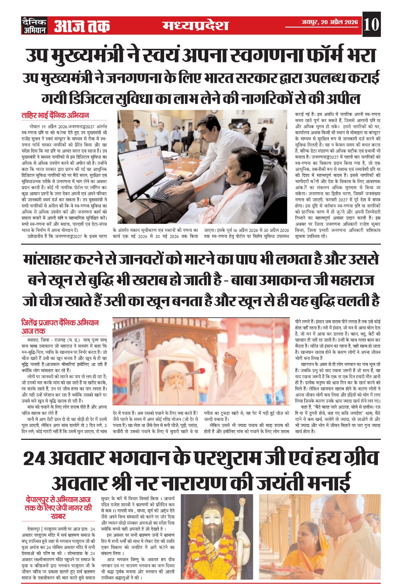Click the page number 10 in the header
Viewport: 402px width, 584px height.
pos(371,24)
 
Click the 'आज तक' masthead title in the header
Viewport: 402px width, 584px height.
pos(82,26)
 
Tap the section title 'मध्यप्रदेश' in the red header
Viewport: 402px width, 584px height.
pos(196,25)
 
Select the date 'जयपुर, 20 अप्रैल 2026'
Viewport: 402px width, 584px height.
pos(329,22)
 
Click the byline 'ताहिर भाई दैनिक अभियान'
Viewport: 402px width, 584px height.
pos(55,115)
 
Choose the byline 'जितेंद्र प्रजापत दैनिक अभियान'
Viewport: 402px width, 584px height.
pos(60,323)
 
